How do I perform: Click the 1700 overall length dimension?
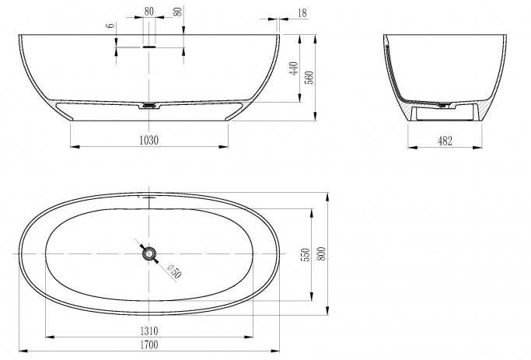point(149,344)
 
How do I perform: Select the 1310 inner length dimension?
point(149,330)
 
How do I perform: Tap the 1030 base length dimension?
point(149,140)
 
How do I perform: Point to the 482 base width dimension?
point(445,141)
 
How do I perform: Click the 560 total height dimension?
point(310,78)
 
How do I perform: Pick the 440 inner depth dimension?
point(294,68)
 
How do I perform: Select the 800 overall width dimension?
point(321,253)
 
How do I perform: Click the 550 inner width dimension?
point(305,255)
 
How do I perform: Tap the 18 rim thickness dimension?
point(302,13)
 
